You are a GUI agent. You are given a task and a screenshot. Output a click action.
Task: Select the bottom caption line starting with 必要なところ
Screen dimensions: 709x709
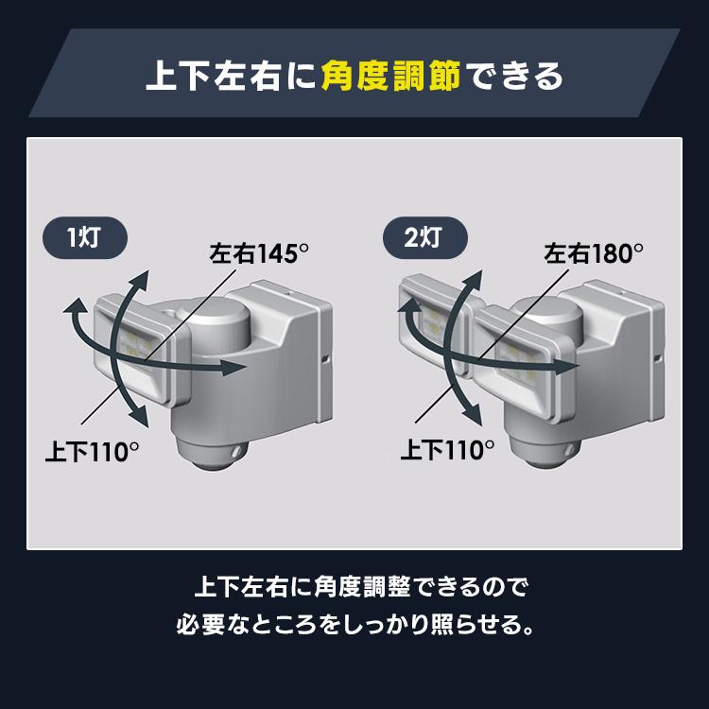coord(354,625)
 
